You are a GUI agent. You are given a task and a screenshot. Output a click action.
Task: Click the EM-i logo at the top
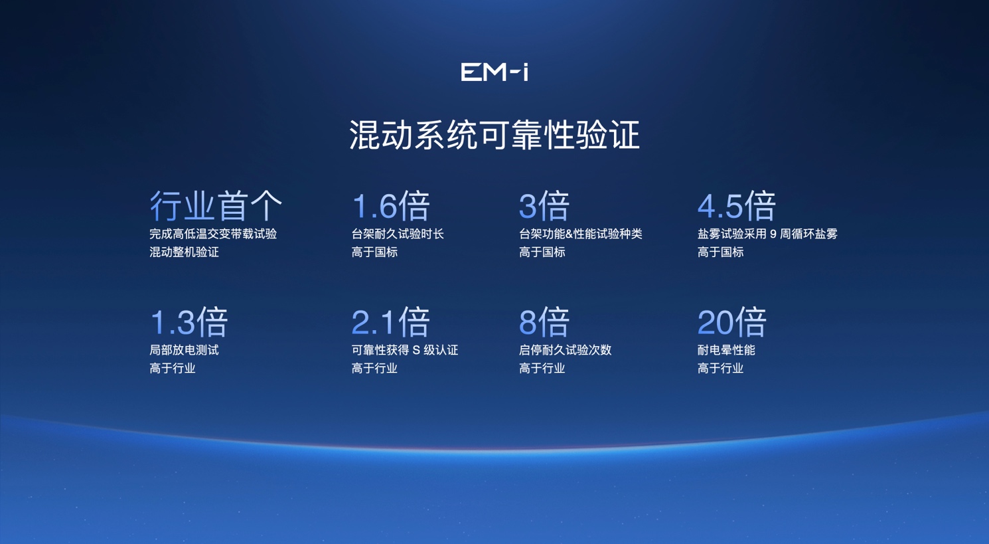coord(495,72)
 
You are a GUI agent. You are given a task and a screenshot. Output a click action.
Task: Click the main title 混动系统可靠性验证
coord(495,135)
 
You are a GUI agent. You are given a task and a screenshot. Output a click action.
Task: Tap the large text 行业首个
coord(216,206)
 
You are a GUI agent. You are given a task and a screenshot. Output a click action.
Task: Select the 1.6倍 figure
coord(391,206)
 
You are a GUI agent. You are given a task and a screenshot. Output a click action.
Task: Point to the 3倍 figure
coord(544,206)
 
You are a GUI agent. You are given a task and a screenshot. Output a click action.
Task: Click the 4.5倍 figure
coord(737,206)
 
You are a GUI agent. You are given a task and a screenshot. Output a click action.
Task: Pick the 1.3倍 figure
coord(189,322)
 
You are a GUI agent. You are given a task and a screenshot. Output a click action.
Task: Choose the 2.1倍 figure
coord(391,322)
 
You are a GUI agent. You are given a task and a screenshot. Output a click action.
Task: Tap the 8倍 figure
coord(544,322)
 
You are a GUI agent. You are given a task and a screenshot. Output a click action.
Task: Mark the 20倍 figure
coord(732,322)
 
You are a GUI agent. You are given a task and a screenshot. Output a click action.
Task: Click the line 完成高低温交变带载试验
coord(213,234)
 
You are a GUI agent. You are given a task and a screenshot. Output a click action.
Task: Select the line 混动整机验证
coord(184,252)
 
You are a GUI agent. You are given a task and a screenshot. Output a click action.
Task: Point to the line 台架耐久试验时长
coord(398,234)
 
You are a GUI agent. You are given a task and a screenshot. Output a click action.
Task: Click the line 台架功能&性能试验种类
coord(581,234)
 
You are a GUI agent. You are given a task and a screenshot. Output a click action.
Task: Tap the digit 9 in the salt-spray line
coord(773,234)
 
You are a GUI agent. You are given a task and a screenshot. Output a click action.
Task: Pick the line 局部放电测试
coord(184,350)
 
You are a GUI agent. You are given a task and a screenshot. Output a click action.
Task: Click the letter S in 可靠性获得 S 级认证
coord(416,351)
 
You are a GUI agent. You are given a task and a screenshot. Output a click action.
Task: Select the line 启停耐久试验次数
coord(565,350)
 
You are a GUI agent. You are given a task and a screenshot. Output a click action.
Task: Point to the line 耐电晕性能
coord(726,350)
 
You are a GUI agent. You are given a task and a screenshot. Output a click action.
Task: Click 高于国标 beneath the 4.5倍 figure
coord(721,252)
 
